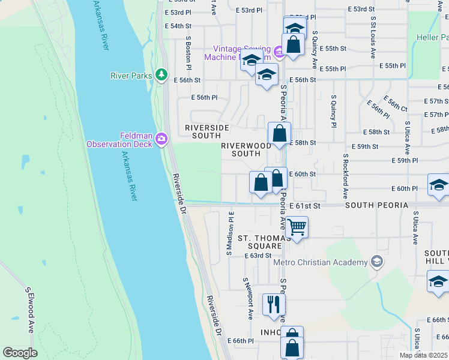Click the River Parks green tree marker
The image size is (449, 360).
161,74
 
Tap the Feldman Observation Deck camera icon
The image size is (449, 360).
161,139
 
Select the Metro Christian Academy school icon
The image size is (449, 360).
376,261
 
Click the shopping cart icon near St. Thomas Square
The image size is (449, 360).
297,228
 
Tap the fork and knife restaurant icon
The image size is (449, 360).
273,304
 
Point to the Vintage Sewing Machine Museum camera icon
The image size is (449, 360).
279,53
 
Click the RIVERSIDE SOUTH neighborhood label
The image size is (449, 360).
207,131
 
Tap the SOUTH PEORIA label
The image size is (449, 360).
376,205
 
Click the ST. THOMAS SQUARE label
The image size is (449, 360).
261,242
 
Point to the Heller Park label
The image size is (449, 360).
432,37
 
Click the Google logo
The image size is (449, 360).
20,353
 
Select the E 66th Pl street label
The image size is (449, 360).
244,341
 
